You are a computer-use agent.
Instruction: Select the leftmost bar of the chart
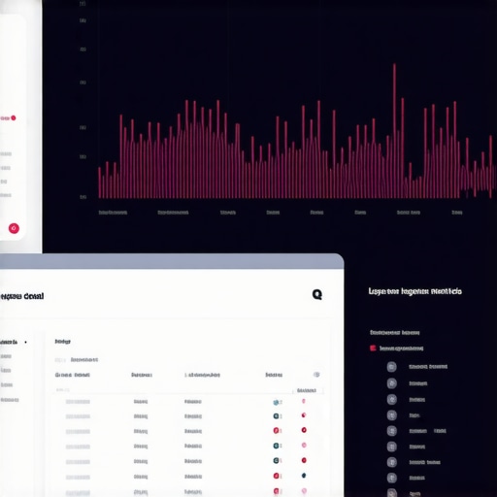click(99, 182)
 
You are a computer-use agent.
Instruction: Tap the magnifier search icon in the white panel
click(316, 294)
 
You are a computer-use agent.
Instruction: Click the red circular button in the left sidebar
click(14, 228)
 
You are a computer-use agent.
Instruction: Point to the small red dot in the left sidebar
click(14, 118)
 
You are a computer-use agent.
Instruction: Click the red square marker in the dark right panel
click(373, 348)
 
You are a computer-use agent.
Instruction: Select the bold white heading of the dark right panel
click(414, 290)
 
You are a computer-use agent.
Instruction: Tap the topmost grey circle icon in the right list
click(391, 367)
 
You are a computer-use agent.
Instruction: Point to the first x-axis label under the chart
click(113, 212)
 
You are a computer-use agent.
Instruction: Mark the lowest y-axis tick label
click(83, 197)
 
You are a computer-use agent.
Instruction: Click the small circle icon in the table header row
click(315, 374)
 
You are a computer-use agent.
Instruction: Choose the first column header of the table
click(73, 374)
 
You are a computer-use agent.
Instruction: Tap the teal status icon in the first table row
click(277, 402)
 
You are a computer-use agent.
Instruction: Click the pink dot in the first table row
click(303, 402)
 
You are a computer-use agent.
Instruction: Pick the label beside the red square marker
click(402, 348)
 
